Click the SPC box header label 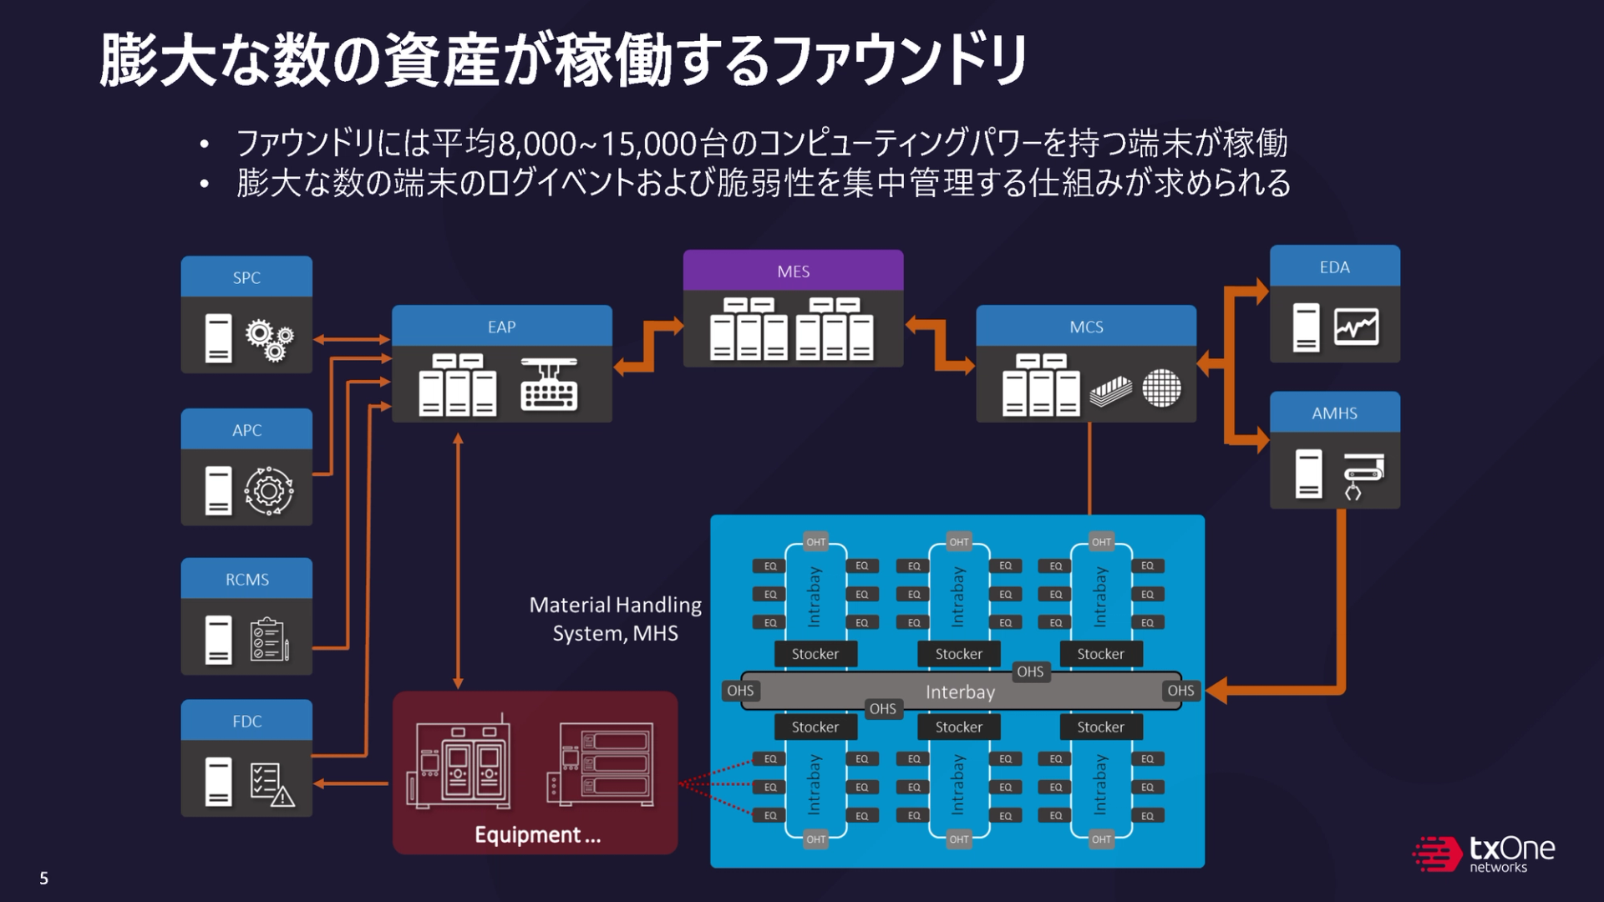[246, 277]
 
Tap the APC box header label [246, 430]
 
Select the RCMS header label [246, 580]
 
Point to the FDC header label [246, 722]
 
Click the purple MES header [793, 271]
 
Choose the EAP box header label [501, 327]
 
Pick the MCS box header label [1086, 327]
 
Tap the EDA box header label [1334, 267]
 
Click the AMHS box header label [1334, 413]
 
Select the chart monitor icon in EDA [1356, 327]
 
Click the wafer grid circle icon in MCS [1161, 388]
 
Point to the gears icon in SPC [269, 340]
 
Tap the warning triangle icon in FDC [283, 797]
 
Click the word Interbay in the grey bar [960, 692]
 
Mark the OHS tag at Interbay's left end [740, 691]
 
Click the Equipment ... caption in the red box [537, 834]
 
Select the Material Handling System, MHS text [616, 619]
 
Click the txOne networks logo [1485, 854]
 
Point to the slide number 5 [44, 879]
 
